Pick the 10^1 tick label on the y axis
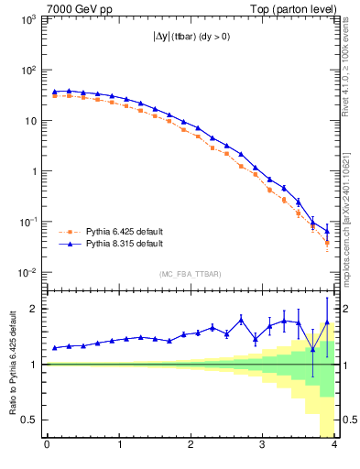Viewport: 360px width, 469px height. pos(29,121)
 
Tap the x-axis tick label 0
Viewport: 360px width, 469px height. pos(47,446)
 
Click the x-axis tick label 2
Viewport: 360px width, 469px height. pos(191,446)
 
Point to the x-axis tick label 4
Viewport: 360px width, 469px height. pos(334,446)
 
